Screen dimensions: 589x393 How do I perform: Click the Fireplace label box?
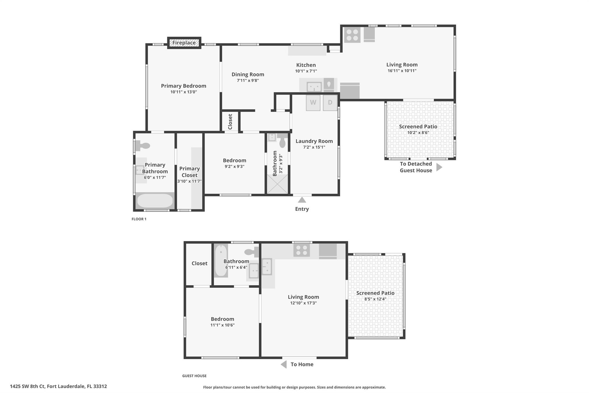(x=184, y=43)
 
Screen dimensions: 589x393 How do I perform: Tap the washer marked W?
(x=313, y=102)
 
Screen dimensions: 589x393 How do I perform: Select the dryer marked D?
(x=330, y=102)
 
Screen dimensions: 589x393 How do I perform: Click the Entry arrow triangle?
(x=302, y=200)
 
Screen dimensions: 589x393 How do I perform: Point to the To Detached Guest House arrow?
(x=439, y=167)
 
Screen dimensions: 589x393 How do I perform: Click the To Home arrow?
(x=284, y=364)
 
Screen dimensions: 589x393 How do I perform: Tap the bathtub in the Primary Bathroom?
(x=155, y=201)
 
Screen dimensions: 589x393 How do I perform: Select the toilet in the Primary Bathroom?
(x=142, y=146)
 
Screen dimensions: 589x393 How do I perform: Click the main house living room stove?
(x=352, y=35)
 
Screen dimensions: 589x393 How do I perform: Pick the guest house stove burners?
(x=301, y=250)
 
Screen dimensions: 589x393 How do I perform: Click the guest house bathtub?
(x=221, y=261)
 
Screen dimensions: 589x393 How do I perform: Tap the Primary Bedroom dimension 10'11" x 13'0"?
(x=183, y=92)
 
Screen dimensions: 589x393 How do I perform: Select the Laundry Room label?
(x=314, y=141)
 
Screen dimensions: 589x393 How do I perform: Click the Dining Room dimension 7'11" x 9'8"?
(x=248, y=81)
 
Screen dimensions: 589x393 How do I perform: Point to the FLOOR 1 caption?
(x=139, y=219)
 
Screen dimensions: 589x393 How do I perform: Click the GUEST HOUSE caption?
(x=194, y=376)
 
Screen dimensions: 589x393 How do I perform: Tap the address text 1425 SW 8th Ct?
(x=27, y=386)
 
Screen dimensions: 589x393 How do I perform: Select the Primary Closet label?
(x=190, y=172)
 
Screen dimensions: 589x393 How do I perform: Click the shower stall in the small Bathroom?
(x=277, y=184)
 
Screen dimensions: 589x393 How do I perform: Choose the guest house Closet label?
(x=199, y=263)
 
